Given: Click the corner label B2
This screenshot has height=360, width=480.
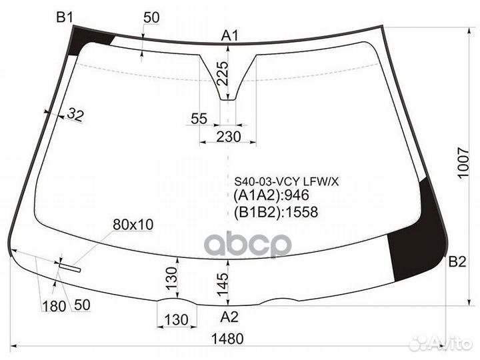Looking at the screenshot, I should tap(457, 261).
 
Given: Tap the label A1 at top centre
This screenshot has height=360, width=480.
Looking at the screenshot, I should tap(230, 35).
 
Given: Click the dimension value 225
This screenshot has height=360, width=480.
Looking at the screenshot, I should tap(222, 74).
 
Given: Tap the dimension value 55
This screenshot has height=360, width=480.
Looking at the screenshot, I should tap(199, 119).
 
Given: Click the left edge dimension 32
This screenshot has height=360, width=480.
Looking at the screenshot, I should tap(75, 115).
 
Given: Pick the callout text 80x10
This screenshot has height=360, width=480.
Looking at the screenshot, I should tap(133, 225).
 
